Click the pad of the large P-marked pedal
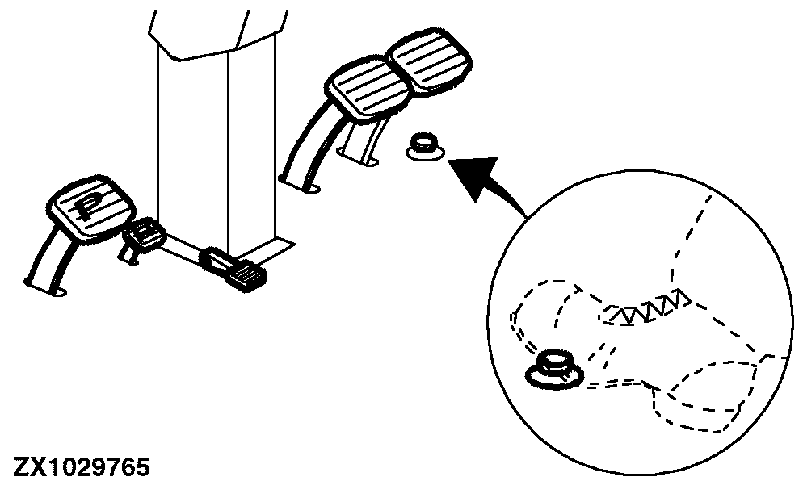(91, 207)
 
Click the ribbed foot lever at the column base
(235, 270)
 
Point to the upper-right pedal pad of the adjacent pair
(429, 62)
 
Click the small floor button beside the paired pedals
(425, 147)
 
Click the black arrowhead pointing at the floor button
(473, 177)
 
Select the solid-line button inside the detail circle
(555, 370)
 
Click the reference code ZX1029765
(82, 468)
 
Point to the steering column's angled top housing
(217, 33)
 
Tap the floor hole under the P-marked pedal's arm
(58, 291)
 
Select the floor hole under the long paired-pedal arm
(312, 190)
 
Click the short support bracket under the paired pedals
(359, 144)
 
